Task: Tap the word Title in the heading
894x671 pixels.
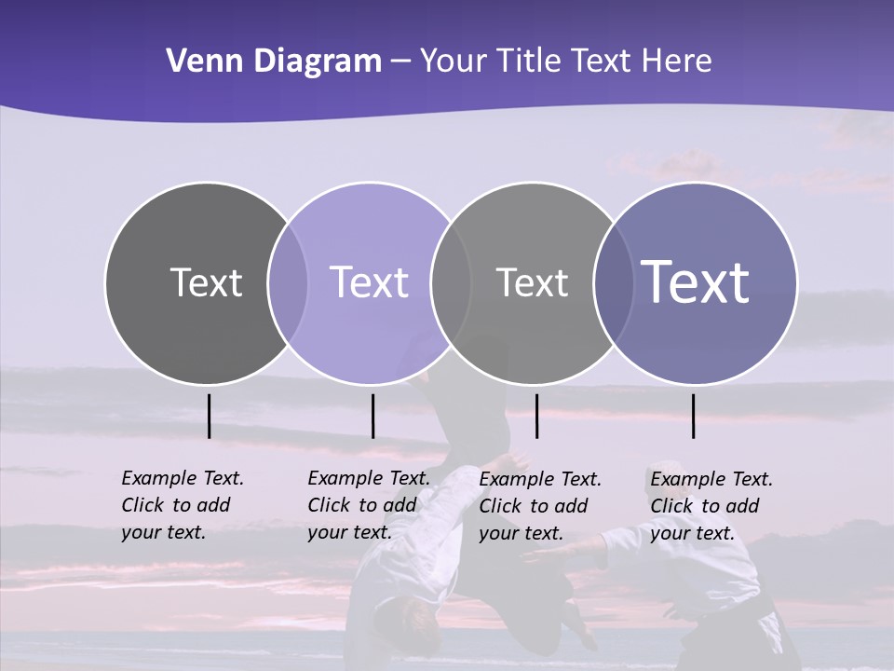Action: click(x=528, y=62)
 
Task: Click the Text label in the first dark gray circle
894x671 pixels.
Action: click(x=206, y=282)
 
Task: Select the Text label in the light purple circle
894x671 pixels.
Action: click(x=369, y=282)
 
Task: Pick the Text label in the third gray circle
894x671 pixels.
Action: click(x=532, y=282)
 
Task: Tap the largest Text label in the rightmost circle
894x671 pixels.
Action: click(x=696, y=282)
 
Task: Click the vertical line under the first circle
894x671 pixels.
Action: click(x=209, y=416)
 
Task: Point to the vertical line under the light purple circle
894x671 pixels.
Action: click(x=372, y=416)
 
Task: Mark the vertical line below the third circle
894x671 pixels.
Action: click(x=536, y=416)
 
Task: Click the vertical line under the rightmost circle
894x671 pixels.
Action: click(x=694, y=416)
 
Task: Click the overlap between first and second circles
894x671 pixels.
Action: click(x=288, y=282)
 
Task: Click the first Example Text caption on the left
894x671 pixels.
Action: click(x=183, y=505)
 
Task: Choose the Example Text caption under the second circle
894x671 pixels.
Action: click(x=369, y=505)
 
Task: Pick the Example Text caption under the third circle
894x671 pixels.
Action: click(x=540, y=506)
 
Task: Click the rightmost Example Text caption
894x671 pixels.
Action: click(x=711, y=506)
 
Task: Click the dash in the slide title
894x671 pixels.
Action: click(x=400, y=62)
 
